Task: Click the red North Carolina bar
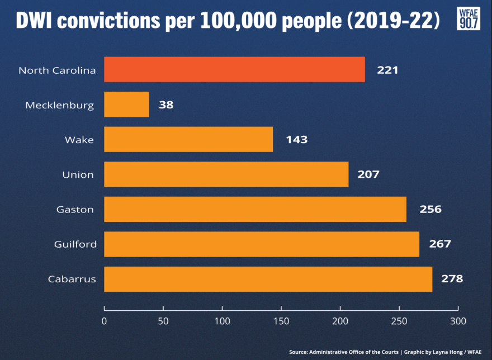pyautogui.click(x=234, y=70)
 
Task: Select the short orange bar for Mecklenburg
pyautogui.click(x=126, y=105)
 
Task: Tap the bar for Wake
pyautogui.click(x=188, y=139)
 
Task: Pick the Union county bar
pyautogui.click(x=226, y=174)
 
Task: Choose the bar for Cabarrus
pyautogui.click(x=268, y=278)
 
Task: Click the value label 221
pyautogui.click(x=387, y=70)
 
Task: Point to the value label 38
pyautogui.click(x=166, y=105)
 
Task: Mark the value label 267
pyautogui.click(x=439, y=244)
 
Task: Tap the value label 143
pyautogui.click(x=296, y=140)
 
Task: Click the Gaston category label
pyautogui.click(x=75, y=210)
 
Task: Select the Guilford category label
pyautogui.click(x=75, y=244)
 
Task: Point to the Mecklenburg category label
pyautogui.click(x=60, y=105)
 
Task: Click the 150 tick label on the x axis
pyautogui.click(x=281, y=321)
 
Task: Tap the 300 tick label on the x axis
pyautogui.click(x=458, y=321)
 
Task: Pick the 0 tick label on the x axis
pyautogui.click(x=104, y=321)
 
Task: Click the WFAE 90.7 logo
pyautogui.click(x=468, y=18)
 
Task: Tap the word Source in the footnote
pyautogui.click(x=299, y=352)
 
